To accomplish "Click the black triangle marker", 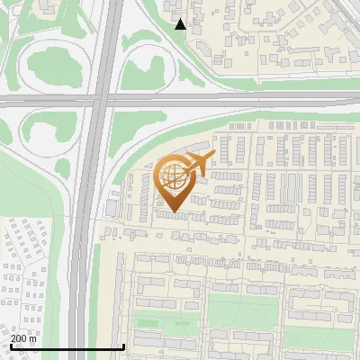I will pos(181,24).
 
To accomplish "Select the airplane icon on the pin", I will pos(196,165).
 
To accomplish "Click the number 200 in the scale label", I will pos(19,338).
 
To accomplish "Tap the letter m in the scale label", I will pos(33,338).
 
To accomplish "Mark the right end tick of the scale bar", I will pos(123,346).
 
